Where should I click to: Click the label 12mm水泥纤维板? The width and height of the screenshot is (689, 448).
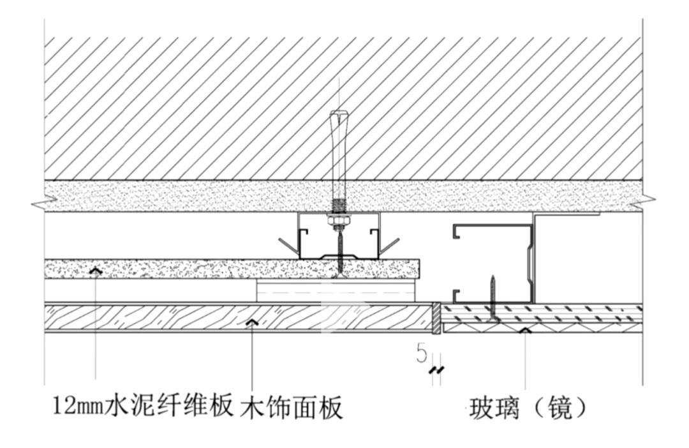pyautogui.click(x=142, y=407)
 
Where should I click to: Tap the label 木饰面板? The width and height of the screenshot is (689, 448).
pyautogui.click(x=292, y=407)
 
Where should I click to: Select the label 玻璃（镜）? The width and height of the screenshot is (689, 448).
pyautogui.click(x=527, y=407)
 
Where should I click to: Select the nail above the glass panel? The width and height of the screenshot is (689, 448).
pyautogui.click(x=493, y=297)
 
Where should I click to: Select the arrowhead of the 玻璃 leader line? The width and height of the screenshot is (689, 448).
pyautogui.click(x=524, y=330)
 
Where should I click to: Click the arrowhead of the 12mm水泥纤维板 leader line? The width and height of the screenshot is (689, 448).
pyautogui.click(x=96, y=271)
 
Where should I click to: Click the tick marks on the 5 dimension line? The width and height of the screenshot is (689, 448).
pyautogui.click(x=437, y=370)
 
